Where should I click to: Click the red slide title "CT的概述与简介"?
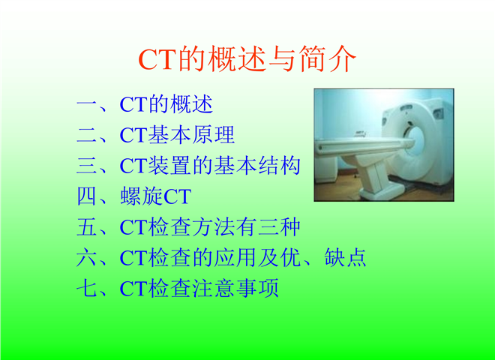[247, 58]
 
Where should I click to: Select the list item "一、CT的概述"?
[145, 104]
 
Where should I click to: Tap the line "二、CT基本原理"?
[156, 135]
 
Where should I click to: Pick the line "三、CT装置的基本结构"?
[188, 166]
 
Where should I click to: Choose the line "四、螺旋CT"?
[134, 196]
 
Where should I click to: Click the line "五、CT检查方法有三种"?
[188, 227]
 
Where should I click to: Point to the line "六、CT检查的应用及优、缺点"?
[221, 258]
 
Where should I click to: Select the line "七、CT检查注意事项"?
[178, 288]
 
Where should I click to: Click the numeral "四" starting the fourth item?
[86, 196]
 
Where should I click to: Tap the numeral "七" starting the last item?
[86, 288]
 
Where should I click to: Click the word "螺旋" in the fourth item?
[142, 196]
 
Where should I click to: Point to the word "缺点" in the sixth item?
[345, 258]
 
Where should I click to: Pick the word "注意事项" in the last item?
[235, 288]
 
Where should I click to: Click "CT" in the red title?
[157, 59]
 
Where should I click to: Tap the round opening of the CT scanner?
[417, 141]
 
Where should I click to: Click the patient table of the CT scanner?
[363, 145]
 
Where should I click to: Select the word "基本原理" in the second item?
[191, 135]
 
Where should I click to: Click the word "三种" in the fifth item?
[279, 227]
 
